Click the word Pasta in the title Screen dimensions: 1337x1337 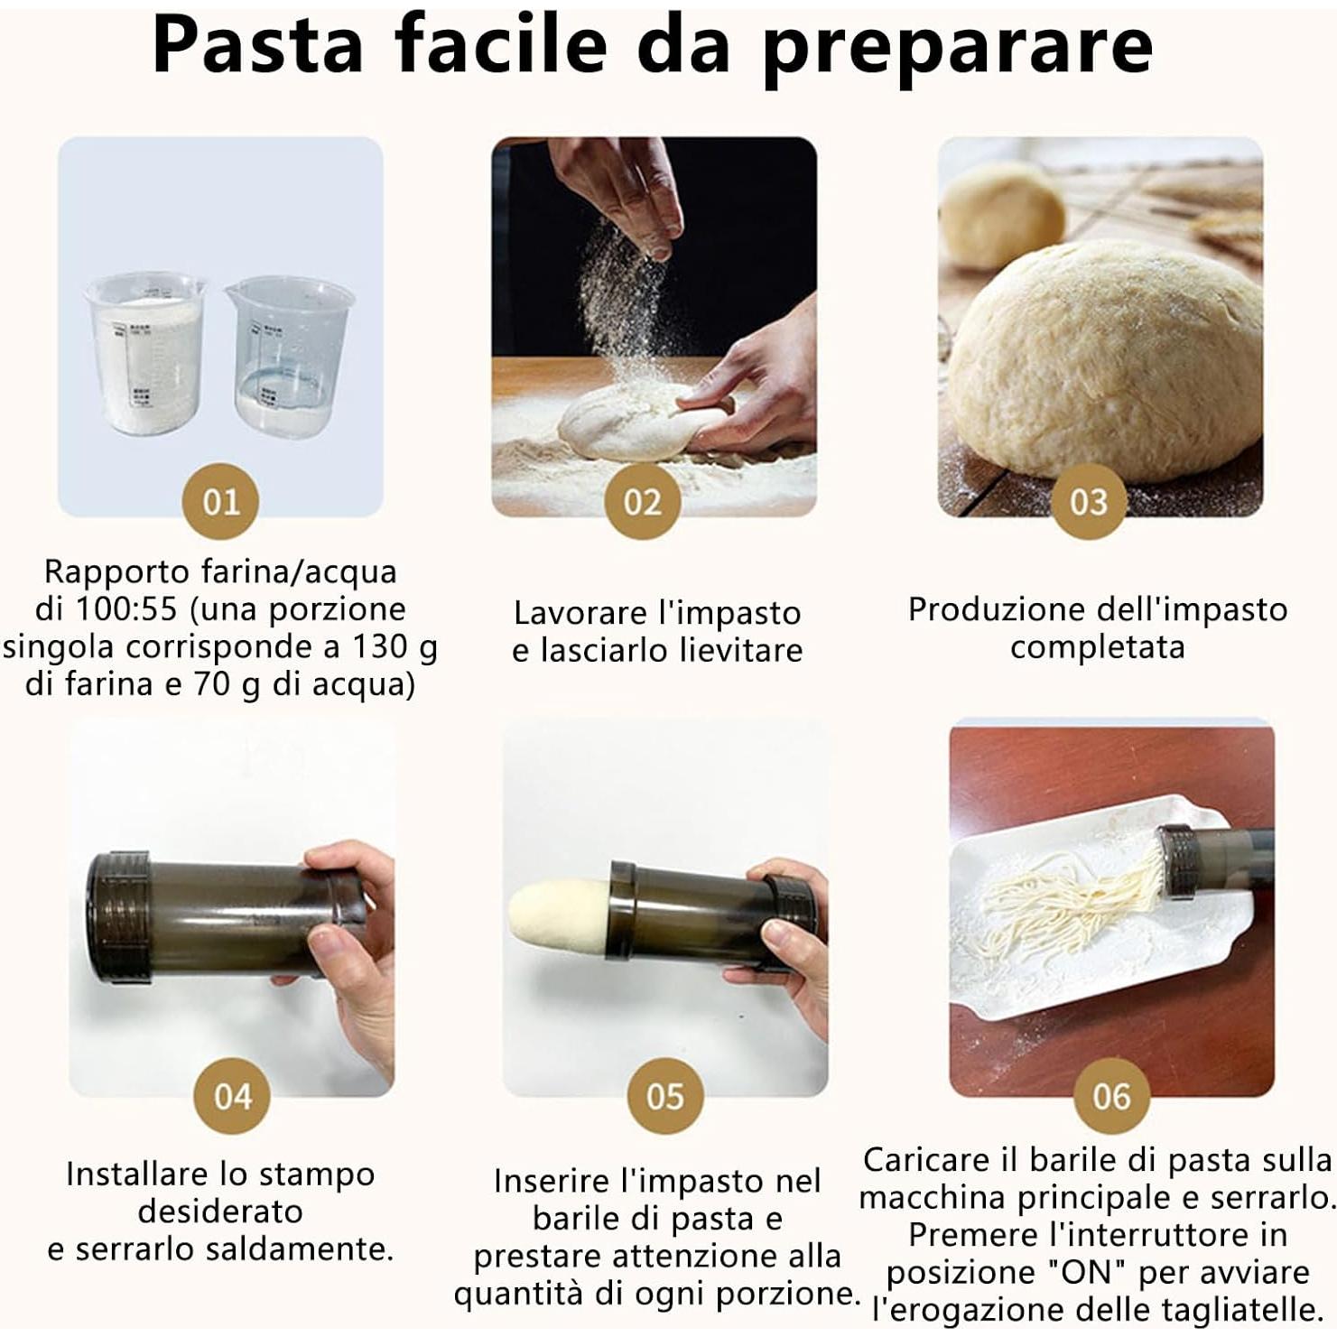click(x=257, y=45)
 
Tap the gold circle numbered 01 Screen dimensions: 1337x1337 click(x=220, y=501)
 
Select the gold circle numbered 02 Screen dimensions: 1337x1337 click(x=642, y=501)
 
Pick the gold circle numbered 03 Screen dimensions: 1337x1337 click(x=1088, y=501)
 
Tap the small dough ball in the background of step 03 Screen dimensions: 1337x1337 click(x=1002, y=217)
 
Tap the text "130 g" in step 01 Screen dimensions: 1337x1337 click(x=394, y=647)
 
